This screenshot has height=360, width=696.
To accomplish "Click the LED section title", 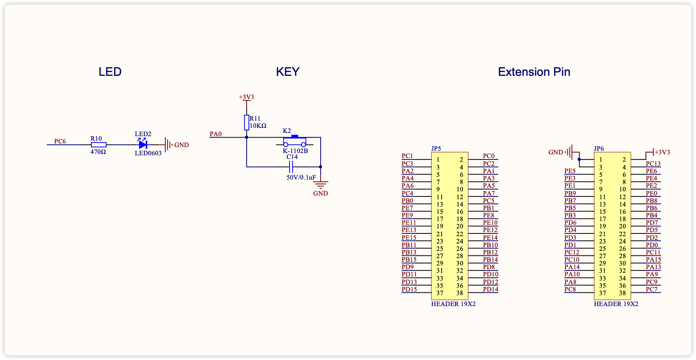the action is point(110,72).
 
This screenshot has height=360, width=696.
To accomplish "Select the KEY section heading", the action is point(288,72).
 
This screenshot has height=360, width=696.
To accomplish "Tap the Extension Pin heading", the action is point(534,72).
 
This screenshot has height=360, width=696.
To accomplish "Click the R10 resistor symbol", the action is point(99,145).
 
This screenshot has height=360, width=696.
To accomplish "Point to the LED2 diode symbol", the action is point(143,144).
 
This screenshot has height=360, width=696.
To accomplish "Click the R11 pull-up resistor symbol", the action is point(247,122).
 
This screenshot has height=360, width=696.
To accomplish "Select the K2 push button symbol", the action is point(295,141).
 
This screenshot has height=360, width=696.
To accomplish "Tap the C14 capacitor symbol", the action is point(291,167).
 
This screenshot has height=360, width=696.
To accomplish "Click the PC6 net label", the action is point(60,141).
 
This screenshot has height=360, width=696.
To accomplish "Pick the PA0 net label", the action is point(216,134).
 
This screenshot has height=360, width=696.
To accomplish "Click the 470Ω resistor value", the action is point(98,152).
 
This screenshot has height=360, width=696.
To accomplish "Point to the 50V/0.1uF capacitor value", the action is point(301,177).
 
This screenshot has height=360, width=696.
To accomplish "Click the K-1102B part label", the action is point(295,151).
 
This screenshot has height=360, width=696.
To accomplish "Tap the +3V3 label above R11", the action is point(247,97).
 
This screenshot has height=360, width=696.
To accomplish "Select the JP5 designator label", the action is point(436,148).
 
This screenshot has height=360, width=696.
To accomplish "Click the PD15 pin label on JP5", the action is point(409,290).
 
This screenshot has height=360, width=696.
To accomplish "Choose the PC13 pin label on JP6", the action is point(653,164).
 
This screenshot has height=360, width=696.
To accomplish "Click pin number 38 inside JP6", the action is point(622,293).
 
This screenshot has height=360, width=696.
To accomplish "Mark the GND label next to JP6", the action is point(555,152).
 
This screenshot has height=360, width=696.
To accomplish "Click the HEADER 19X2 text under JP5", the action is point(453,304).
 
